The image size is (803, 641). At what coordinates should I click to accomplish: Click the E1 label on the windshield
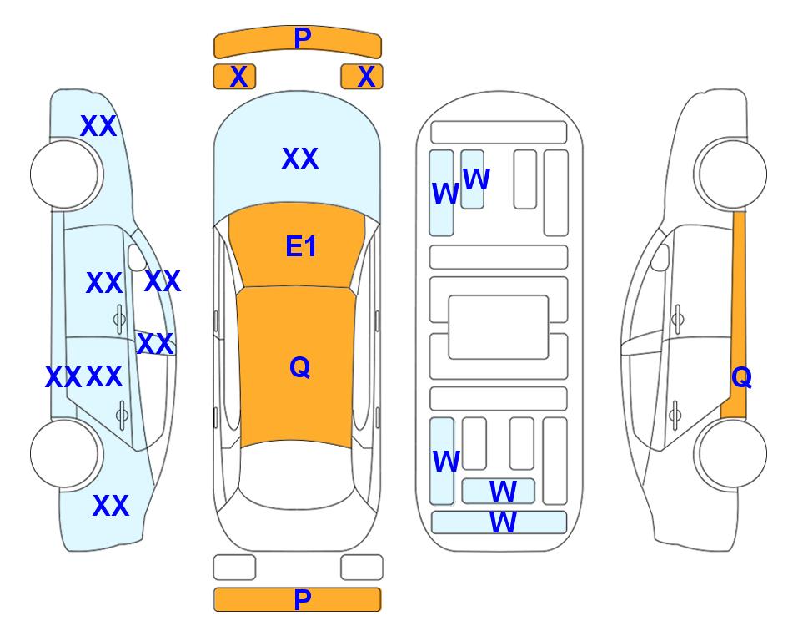(x=301, y=246)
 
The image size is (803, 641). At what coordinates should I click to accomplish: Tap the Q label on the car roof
(x=300, y=367)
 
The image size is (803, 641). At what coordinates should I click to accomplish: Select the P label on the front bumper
(x=303, y=38)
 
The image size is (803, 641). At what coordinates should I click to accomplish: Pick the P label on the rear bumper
(x=303, y=599)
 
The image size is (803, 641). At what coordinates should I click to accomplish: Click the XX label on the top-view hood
(x=300, y=158)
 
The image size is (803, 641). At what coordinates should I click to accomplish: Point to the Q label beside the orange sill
(x=741, y=377)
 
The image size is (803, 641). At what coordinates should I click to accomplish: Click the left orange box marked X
(x=234, y=77)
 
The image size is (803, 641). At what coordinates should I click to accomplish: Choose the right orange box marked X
(x=362, y=77)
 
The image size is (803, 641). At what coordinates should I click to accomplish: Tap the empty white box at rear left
(x=234, y=568)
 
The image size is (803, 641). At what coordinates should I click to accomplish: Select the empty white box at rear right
(x=362, y=568)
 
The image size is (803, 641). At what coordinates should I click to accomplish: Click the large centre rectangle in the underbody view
(x=499, y=327)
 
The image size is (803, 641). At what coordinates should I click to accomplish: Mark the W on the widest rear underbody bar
(x=503, y=522)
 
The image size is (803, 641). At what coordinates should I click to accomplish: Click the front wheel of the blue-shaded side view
(x=65, y=174)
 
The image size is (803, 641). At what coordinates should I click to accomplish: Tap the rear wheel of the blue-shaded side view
(x=65, y=453)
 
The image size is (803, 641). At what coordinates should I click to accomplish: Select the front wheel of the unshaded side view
(x=731, y=174)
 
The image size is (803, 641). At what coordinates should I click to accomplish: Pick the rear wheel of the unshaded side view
(x=731, y=453)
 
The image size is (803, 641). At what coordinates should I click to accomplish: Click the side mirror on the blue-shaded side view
(x=137, y=257)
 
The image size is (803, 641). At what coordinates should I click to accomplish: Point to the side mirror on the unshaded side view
(x=660, y=257)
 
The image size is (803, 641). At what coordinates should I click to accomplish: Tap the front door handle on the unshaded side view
(x=678, y=319)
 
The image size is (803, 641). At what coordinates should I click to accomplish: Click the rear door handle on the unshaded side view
(x=675, y=414)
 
